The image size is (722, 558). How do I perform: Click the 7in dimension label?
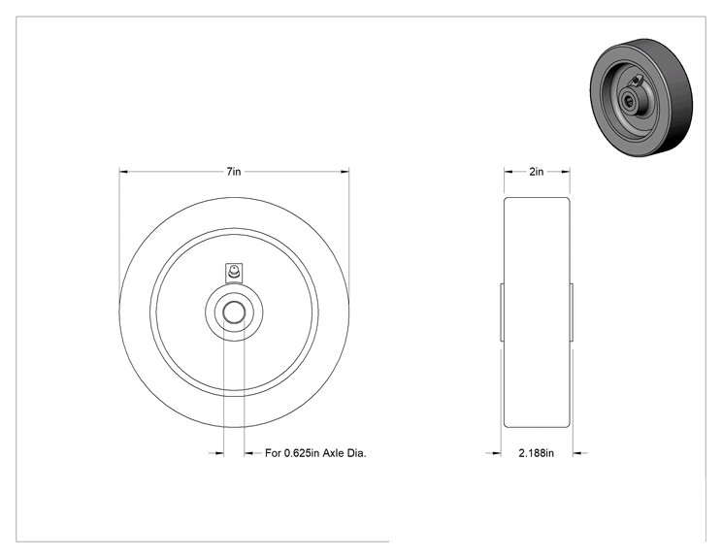coord(234,172)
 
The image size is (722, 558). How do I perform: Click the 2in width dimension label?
coord(537,172)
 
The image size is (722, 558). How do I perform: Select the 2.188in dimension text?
coord(537,453)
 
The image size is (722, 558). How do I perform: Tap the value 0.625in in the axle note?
coord(302,453)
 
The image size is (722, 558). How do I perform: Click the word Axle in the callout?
coord(334,453)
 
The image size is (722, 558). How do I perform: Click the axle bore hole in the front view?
coord(234,312)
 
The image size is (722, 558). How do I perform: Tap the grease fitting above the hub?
coord(234,272)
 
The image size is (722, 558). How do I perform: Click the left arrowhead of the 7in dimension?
coord(123,172)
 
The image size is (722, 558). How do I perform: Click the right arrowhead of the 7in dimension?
coord(345,172)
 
